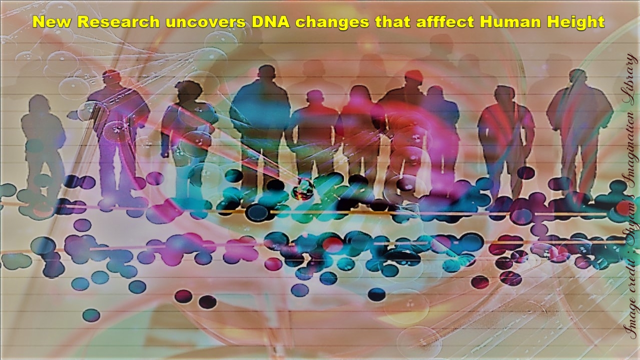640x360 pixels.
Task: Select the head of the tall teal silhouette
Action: pyautogui.click(x=266, y=73)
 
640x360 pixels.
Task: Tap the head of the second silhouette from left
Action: pyautogui.click(x=111, y=79)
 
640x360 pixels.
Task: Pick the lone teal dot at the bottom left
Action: pyautogui.click(x=91, y=315)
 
